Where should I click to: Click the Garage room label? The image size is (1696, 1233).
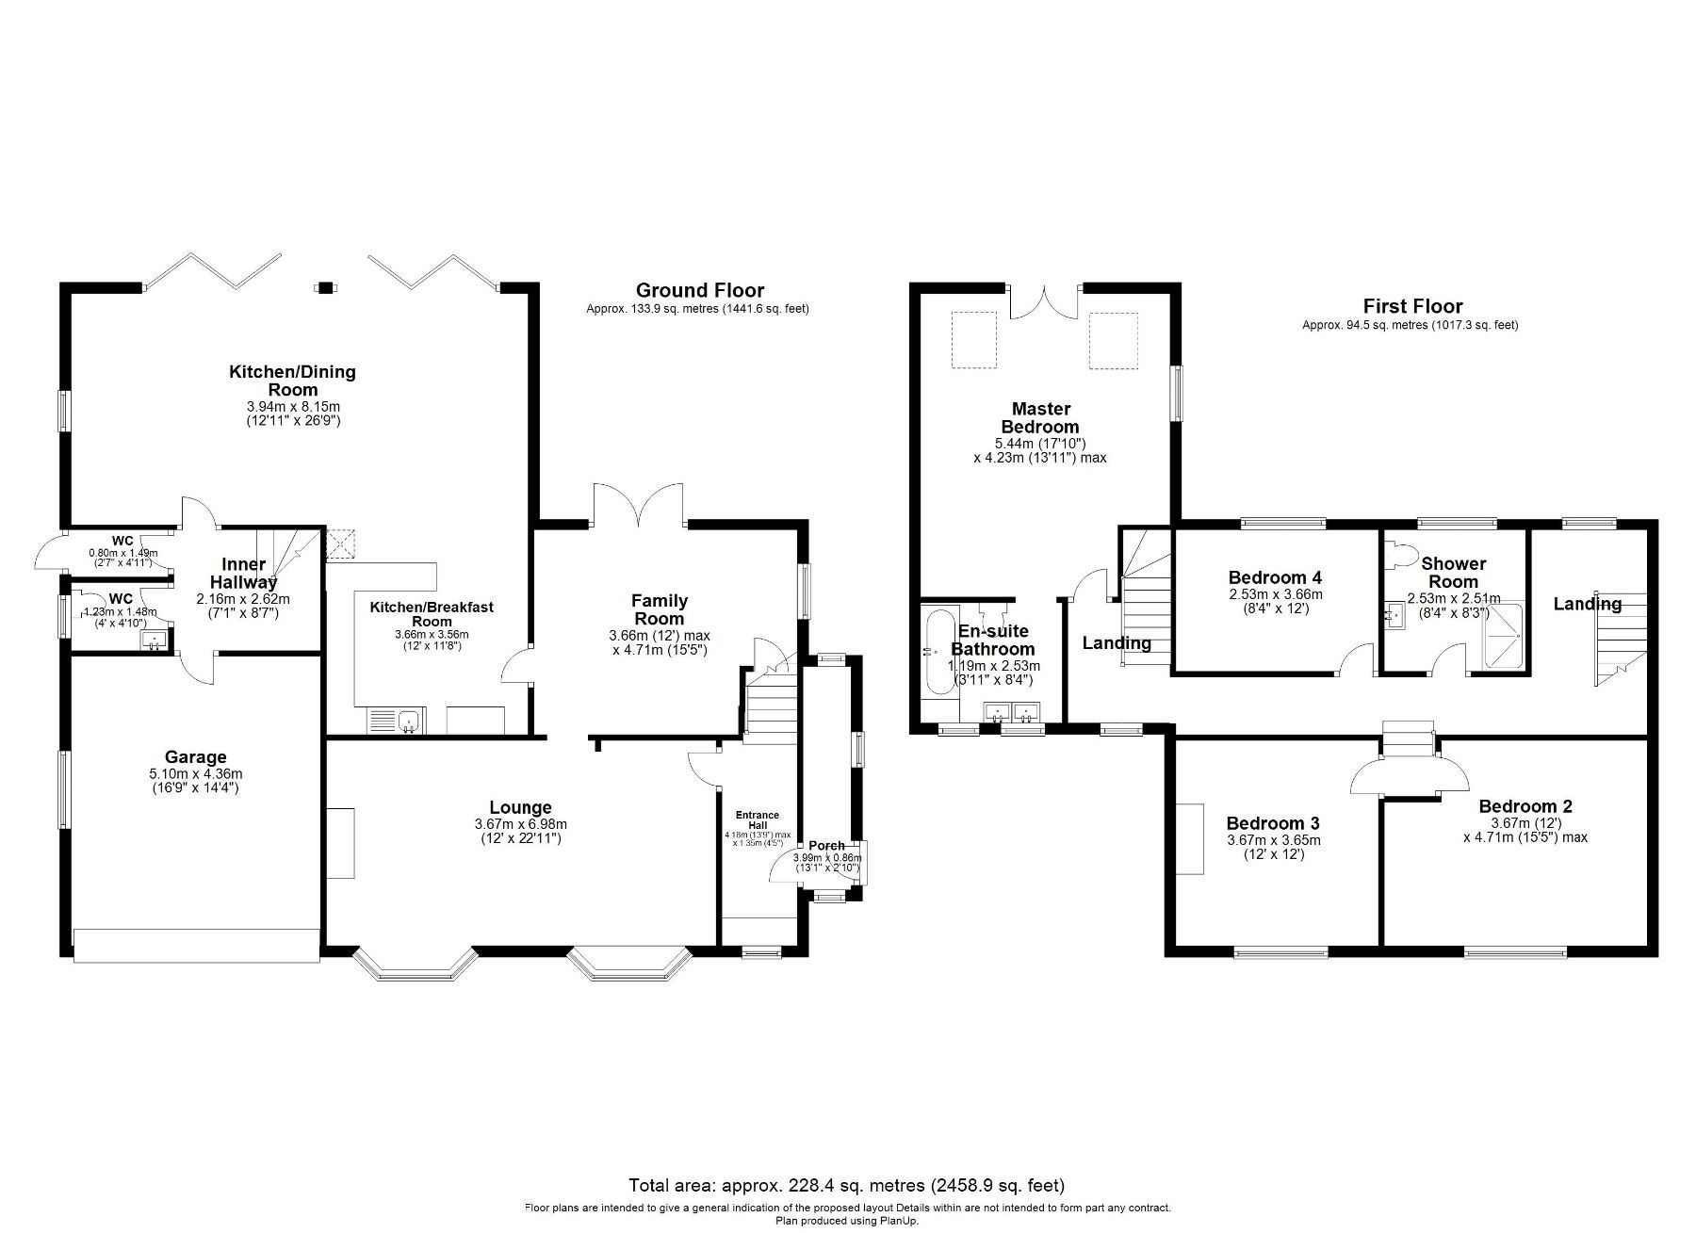tap(195, 756)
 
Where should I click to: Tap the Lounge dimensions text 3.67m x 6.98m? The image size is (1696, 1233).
tap(520, 824)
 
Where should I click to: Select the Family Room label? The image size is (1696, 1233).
tap(659, 609)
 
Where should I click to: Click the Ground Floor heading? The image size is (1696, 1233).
tap(699, 290)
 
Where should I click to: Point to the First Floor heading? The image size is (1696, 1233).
tap(1411, 306)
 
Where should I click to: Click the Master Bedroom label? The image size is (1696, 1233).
tap(1040, 417)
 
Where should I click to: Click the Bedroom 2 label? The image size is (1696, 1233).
tap(1525, 806)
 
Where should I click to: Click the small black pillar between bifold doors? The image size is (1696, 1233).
tap(325, 286)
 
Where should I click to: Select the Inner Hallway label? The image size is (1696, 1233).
tap(243, 573)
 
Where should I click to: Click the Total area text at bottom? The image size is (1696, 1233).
tap(846, 1185)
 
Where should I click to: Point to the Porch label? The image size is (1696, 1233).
tap(826, 846)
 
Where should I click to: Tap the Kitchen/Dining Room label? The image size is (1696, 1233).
tap(292, 381)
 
